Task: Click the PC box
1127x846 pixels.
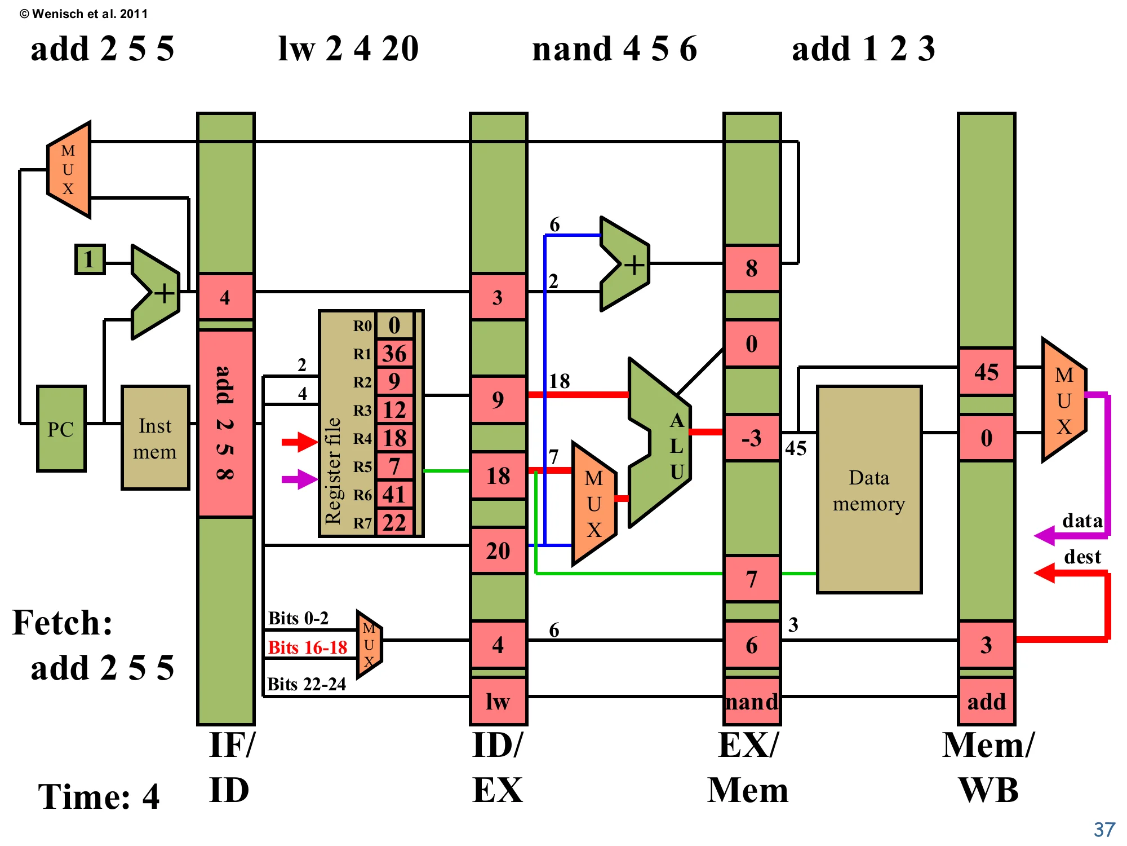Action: click(x=61, y=429)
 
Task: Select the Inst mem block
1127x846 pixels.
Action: click(x=155, y=438)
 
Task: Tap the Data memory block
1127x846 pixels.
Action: click(x=869, y=490)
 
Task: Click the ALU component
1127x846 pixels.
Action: click(x=659, y=443)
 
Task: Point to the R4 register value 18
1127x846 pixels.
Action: click(x=394, y=438)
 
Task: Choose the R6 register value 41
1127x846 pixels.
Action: click(x=394, y=495)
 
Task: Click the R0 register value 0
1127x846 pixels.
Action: click(x=394, y=325)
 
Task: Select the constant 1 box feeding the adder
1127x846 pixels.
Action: click(x=90, y=259)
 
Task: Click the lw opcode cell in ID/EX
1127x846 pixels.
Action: click(x=498, y=701)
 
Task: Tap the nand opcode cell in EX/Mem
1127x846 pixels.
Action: click(x=752, y=701)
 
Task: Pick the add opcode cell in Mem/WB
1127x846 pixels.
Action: click(x=986, y=701)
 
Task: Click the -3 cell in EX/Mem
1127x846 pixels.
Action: click(x=752, y=438)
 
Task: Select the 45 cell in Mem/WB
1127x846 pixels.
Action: click(x=986, y=372)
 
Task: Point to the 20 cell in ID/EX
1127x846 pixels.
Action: click(x=498, y=551)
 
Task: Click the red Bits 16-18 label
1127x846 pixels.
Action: click(x=307, y=647)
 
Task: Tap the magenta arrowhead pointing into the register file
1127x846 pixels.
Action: click(x=307, y=479)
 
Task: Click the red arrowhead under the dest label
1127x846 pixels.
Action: click(x=1044, y=573)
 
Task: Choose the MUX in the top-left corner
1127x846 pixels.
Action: click(x=68, y=170)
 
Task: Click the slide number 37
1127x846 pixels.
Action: click(x=1104, y=830)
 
